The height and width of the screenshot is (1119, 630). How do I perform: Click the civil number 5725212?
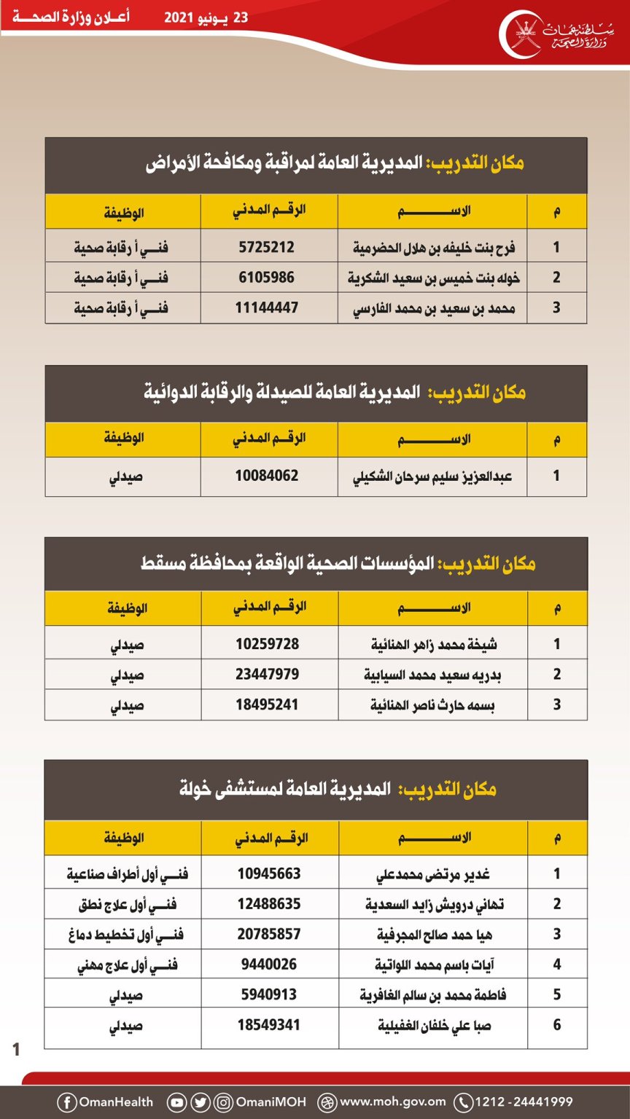[267, 247]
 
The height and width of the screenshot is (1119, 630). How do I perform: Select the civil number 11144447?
[267, 307]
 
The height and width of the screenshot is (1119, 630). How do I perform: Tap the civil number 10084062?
[267, 476]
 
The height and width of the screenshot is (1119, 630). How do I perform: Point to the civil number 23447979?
[268, 675]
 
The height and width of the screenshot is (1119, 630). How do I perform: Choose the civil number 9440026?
[269, 965]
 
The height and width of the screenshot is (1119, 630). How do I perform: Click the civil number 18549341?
[269, 1025]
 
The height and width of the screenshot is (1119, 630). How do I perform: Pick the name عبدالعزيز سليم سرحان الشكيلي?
[433, 476]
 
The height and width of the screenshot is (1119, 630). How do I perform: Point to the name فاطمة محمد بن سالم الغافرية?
[433, 994]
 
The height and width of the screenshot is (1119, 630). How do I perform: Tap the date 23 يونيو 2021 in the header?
[206, 17]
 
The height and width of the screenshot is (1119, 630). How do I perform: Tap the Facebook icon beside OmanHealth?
[66, 1102]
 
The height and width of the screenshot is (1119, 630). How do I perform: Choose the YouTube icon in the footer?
[176, 1102]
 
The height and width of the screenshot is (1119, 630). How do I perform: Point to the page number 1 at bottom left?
[16, 1050]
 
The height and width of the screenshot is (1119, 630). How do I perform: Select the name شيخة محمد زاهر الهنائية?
[435, 645]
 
